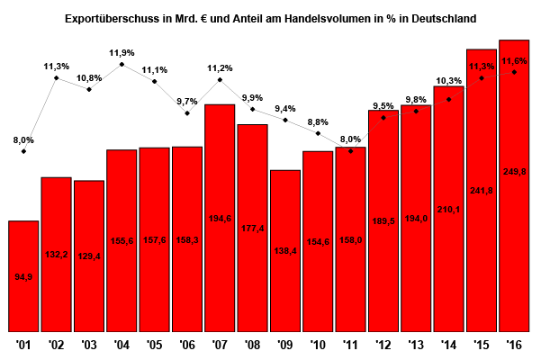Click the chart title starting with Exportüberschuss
pyautogui.click(x=271, y=17)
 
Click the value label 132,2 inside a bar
pyautogui.click(x=56, y=256)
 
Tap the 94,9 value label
pyautogui.click(x=23, y=276)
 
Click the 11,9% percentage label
pyautogui.click(x=122, y=53)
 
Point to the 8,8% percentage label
pyautogui.click(x=318, y=121)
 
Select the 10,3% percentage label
pyautogui.click(x=448, y=81)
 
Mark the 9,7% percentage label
pyautogui.click(x=187, y=102)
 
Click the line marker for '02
pyautogui.click(x=56, y=78)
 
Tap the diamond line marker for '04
pyautogui.click(x=122, y=65)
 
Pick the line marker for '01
pyautogui.click(x=23, y=151)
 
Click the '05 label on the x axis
pyautogui.click(x=154, y=345)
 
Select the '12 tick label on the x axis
pyautogui.click(x=383, y=345)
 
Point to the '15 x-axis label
pyautogui.click(x=482, y=345)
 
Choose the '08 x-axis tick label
pyautogui.click(x=253, y=345)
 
